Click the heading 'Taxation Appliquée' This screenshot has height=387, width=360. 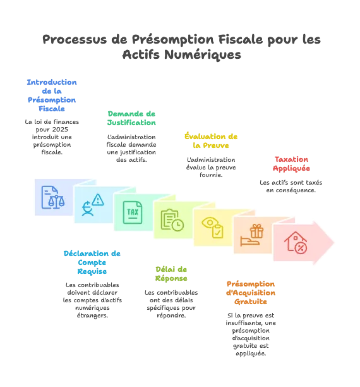(291, 164)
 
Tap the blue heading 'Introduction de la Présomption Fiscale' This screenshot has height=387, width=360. (52, 95)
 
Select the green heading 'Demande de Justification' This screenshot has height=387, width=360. (131, 118)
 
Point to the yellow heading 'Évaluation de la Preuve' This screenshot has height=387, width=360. (211, 140)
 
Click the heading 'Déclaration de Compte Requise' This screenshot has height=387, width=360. (92, 262)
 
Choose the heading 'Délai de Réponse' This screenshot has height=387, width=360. (171, 274)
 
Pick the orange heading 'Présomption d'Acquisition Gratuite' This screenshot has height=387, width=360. (251, 293)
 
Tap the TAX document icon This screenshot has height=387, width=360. (133, 212)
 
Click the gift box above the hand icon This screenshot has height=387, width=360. (256, 231)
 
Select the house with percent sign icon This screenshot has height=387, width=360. (296, 243)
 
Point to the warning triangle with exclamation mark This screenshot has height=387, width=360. (98, 200)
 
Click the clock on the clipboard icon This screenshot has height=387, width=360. (177, 225)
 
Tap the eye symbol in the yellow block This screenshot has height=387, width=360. (209, 223)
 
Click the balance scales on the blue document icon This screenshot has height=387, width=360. (56, 202)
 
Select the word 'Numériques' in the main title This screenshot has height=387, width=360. (203, 54)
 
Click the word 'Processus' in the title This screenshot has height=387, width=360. (75, 39)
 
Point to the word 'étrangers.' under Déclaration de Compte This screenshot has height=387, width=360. (92, 315)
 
